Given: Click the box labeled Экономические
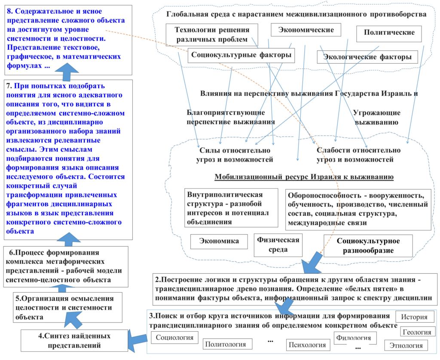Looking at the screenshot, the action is [306, 30].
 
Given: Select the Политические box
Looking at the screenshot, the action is [389, 34].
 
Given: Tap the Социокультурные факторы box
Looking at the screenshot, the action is [241, 55].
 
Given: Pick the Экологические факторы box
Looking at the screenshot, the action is [367, 57].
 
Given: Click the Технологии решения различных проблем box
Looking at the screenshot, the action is [212, 35].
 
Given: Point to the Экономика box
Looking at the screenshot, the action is [219, 241].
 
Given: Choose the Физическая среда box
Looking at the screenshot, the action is [278, 245].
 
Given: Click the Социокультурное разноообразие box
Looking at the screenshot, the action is [368, 246].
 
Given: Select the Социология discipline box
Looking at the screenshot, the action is [174, 338].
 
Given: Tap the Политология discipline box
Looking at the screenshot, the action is [227, 344].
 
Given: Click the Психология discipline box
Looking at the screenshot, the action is [307, 345].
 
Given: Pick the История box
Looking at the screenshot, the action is [414, 317].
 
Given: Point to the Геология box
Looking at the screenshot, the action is [417, 332].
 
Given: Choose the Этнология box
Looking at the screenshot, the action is [406, 345].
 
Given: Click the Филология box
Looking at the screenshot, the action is [355, 338].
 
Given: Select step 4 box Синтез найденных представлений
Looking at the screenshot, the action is [74, 340].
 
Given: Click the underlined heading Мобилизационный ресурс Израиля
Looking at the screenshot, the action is [304, 177].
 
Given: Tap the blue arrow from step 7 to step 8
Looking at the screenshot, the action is [67, 72].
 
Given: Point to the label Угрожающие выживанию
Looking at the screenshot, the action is [376, 118].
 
